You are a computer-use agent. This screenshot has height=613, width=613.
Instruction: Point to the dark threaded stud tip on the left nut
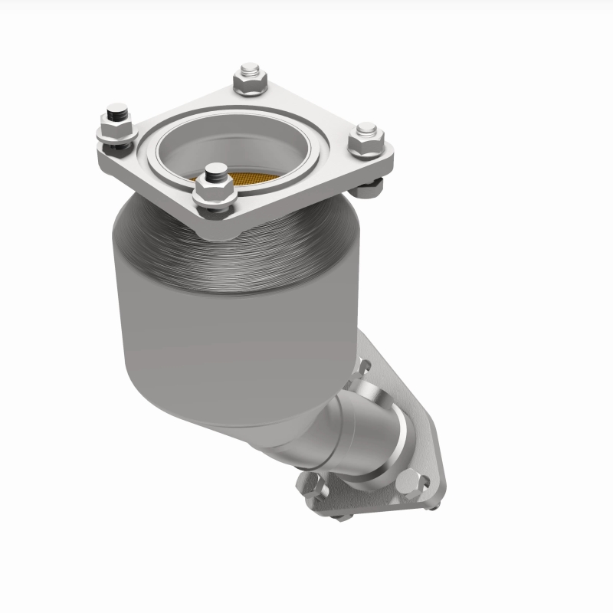(x=116, y=114)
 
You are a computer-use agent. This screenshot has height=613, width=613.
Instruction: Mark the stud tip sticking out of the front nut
(x=217, y=170)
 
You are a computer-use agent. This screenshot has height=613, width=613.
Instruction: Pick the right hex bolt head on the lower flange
(x=408, y=482)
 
